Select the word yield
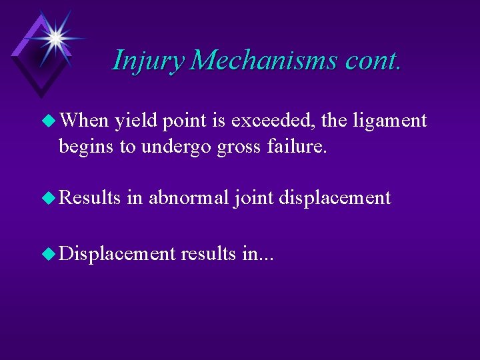coord(135,121)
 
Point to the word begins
coord(86,147)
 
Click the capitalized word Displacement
coord(117,254)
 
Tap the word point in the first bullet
coord(185,121)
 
